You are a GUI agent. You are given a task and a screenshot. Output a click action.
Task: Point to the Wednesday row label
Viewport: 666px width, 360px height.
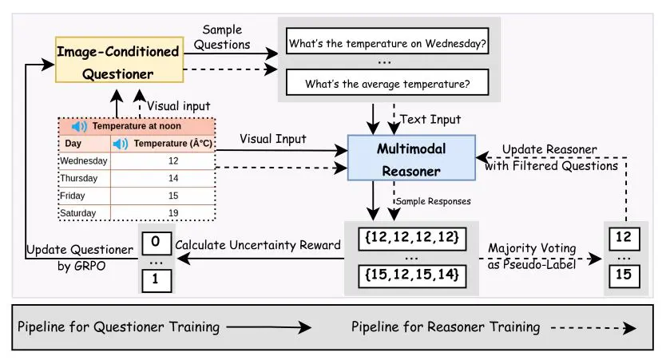pos(84,160)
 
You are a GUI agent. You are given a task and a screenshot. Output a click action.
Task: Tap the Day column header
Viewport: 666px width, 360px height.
pos(73,144)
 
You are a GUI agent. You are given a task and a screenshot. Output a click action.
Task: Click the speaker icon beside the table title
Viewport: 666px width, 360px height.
pos(79,126)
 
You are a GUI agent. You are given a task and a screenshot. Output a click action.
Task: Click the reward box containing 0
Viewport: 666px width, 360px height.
pos(157,241)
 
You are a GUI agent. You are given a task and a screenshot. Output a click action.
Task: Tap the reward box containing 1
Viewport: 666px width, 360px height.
pos(157,279)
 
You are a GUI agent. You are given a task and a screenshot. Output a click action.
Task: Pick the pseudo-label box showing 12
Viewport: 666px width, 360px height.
pos(625,237)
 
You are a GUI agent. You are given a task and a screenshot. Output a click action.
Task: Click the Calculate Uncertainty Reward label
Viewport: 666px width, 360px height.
pos(257,244)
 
